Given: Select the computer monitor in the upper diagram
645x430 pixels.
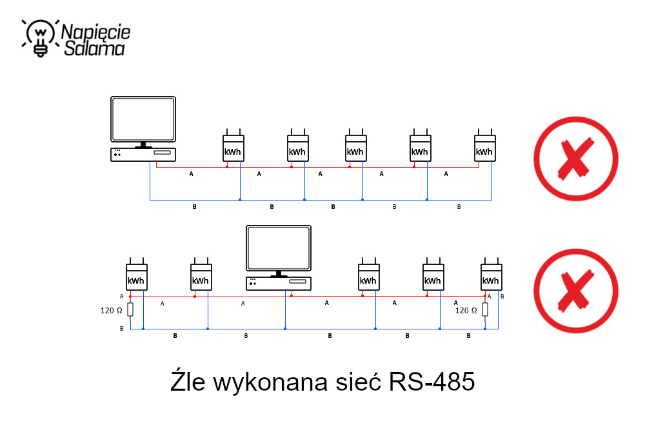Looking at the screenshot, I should [x=143, y=119].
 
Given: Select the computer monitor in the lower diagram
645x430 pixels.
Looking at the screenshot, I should [x=279, y=248].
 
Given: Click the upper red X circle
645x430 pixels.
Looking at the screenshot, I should [x=576, y=158].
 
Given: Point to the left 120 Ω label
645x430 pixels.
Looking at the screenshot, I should [x=111, y=311].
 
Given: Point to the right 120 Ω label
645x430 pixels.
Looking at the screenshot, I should [x=466, y=311].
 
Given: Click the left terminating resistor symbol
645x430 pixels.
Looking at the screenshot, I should [x=130, y=310].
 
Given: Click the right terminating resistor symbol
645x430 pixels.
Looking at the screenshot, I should [x=485, y=310].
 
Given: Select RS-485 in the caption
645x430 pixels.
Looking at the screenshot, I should [x=432, y=382].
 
